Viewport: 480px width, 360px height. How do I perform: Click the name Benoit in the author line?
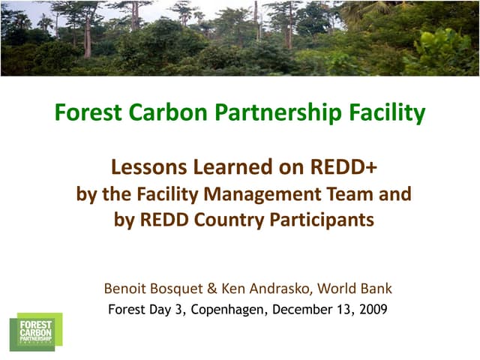(125, 288)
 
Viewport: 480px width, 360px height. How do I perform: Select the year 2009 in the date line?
(372, 308)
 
